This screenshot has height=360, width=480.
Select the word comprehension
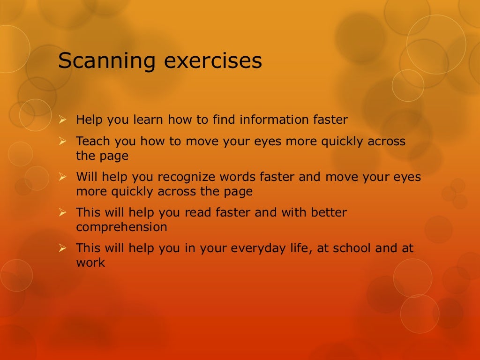[x=121, y=227]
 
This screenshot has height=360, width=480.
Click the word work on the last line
[x=90, y=262]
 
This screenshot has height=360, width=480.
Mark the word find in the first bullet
[x=224, y=120]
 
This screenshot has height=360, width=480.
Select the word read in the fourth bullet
[x=197, y=212]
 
